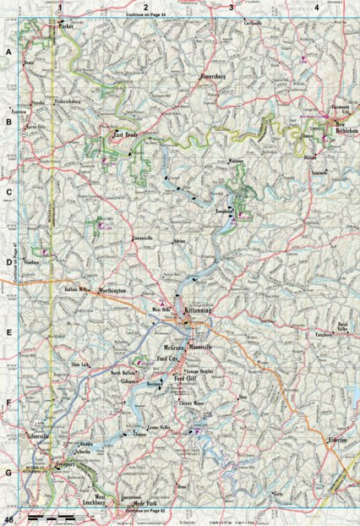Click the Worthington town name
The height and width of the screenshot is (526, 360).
[x=112, y=290]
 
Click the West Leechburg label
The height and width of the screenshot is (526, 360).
[x=105, y=499]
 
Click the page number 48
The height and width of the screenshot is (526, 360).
[x=9, y=518]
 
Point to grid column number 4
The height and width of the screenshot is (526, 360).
[x=315, y=7]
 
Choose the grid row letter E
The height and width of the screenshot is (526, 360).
[x=8, y=332]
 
